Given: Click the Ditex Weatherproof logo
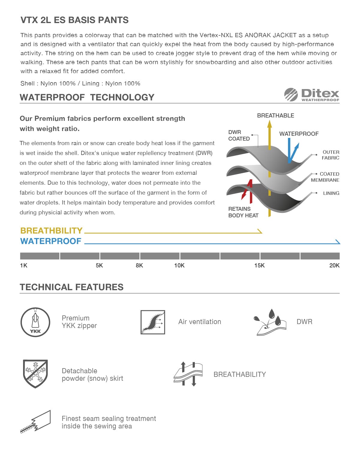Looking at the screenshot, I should click(312, 95).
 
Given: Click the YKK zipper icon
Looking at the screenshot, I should click(35, 322).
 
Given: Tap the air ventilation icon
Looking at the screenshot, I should click(153, 322).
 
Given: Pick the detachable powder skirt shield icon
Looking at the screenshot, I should click(35, 374).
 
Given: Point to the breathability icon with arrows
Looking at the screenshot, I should click(188, 374).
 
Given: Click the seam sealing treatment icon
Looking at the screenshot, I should click(35, 422).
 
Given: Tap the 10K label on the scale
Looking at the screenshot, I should click(179, 266).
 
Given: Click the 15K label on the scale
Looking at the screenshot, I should click(259, 266).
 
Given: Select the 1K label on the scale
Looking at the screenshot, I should click(24, 266).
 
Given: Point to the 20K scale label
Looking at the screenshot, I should click(334, 266).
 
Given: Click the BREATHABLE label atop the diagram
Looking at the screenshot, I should click(275, 116).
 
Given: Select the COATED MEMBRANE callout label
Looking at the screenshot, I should click(325, 177).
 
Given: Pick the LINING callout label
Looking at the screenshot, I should click(331, 193).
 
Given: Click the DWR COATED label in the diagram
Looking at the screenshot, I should click(239, 136).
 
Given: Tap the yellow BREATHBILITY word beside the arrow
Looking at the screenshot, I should click(51, 231).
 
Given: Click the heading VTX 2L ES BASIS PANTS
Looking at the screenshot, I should click(74, 20).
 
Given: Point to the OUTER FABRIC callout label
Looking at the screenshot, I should click(330, 155).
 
